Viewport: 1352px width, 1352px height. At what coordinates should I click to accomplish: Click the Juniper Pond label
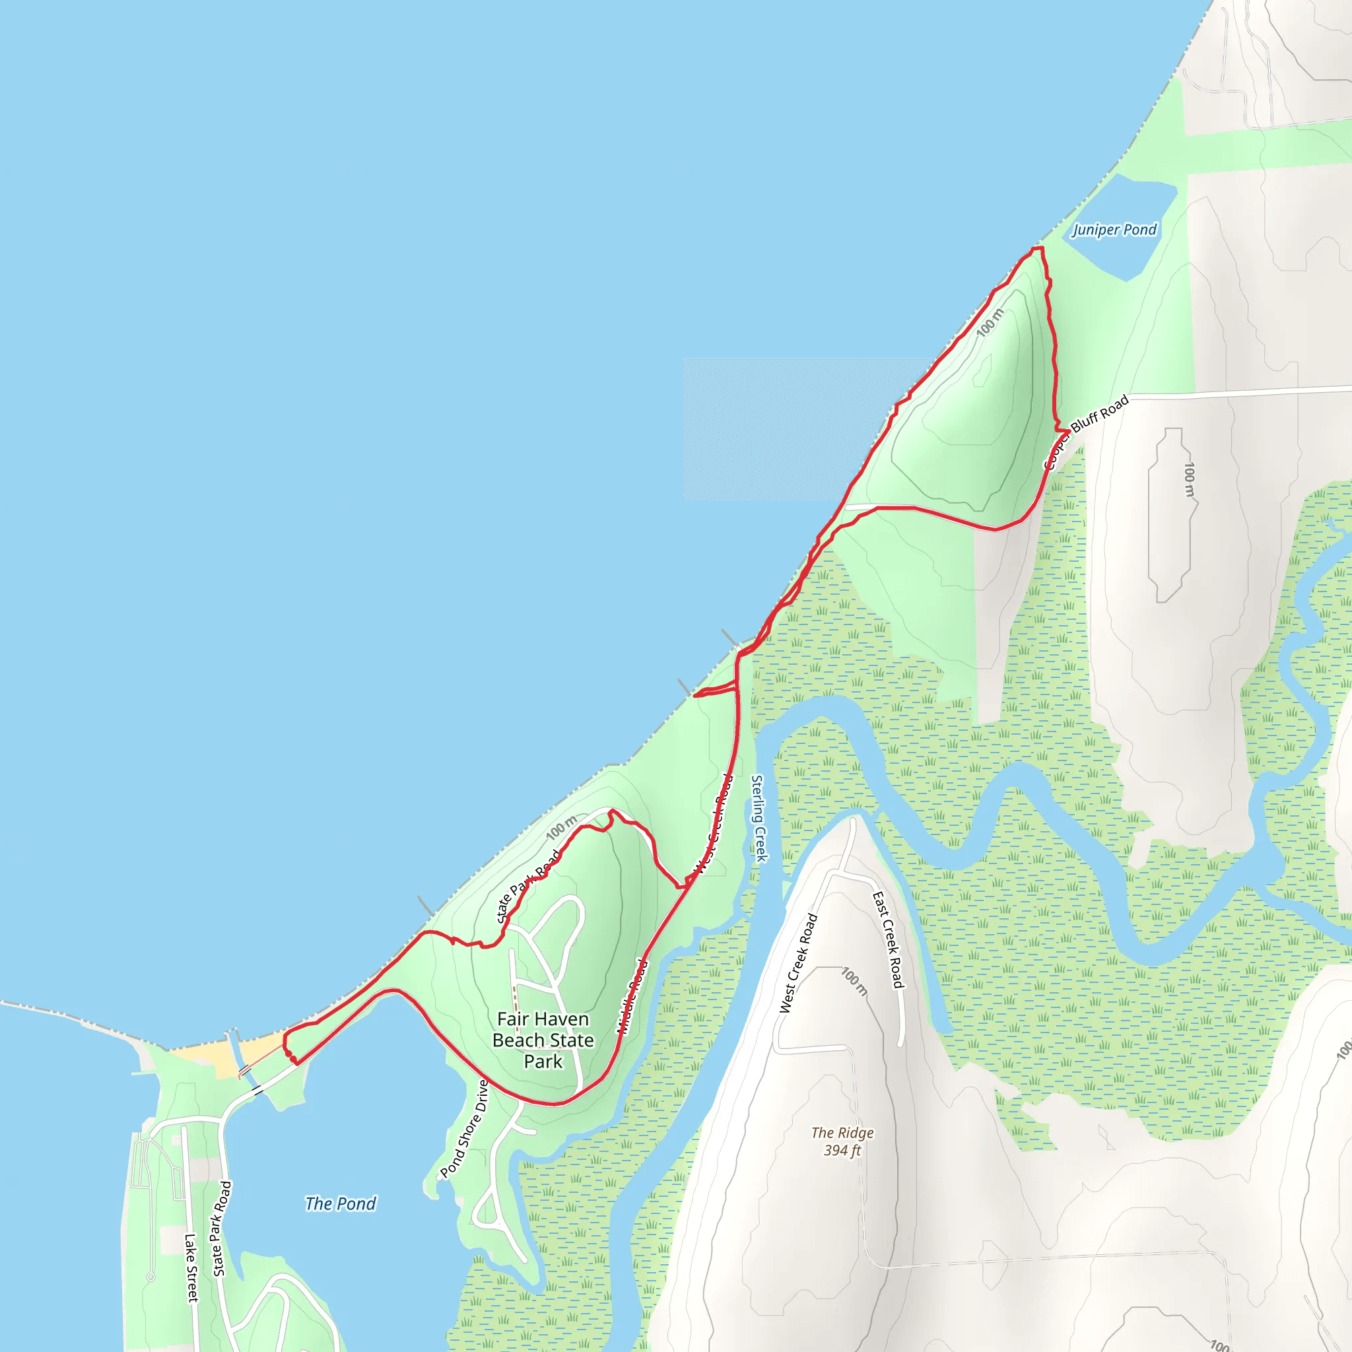[1114, 230]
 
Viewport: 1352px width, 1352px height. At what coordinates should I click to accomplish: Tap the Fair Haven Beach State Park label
[543, 1040]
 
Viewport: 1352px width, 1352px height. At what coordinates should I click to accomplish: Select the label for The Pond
[340, 1203]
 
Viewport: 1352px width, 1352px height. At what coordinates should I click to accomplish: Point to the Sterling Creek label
[759, 818]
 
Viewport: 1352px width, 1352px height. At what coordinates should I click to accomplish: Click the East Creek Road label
[887, 940]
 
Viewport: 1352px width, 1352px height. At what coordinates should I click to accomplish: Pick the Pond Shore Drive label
[465, 1129]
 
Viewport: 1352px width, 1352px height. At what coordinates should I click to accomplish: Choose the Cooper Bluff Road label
[1085, 432]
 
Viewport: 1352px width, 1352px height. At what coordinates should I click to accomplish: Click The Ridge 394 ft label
[842, 1141]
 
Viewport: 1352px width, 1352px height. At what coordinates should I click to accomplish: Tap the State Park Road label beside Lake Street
[222, 1229]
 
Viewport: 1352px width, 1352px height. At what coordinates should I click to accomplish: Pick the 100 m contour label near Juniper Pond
[990, 323]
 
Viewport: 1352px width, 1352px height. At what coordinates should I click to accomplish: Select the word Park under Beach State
[543, 1062]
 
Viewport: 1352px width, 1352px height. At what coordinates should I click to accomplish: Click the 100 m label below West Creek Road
[854, 982]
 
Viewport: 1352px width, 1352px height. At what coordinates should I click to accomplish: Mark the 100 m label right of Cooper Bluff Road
[1189, 479]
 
